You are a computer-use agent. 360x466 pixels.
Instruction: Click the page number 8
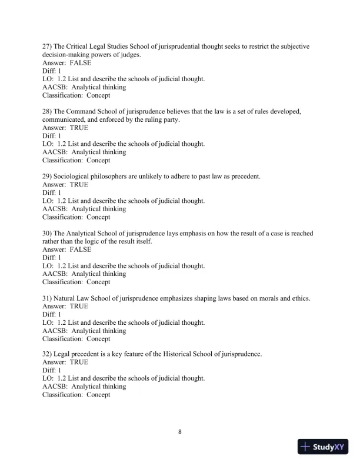click(180, 432)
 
